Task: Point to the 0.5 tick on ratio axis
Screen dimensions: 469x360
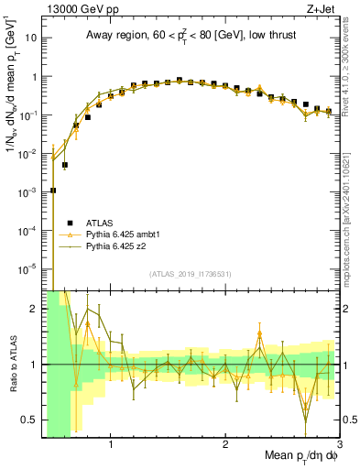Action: click(29, 420)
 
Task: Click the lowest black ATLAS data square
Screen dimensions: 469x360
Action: click(53, 191)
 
